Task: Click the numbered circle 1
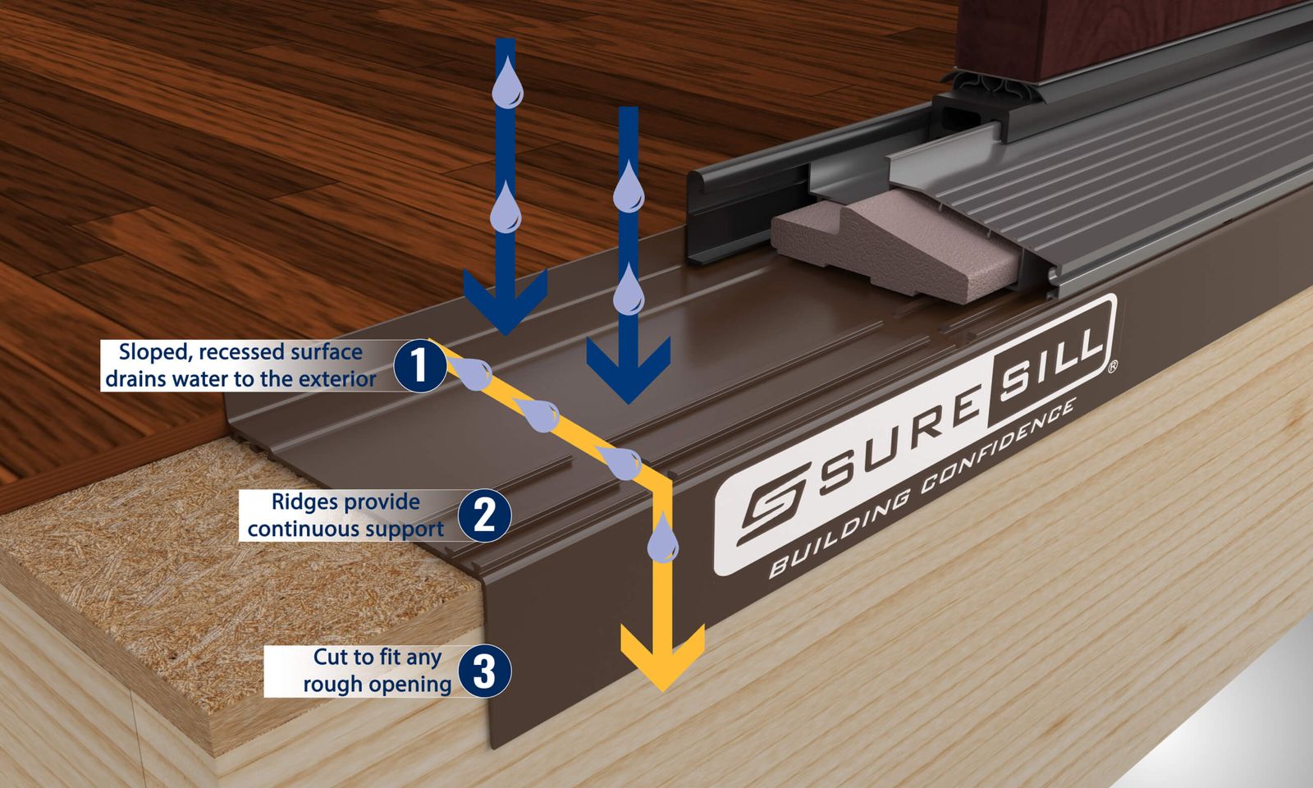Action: tap(419, 366)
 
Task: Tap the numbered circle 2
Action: tap(484, 515)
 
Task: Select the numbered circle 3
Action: tap(484, 671)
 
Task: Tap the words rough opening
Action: tap(377, 685)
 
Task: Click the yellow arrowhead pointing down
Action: tap(663, 657)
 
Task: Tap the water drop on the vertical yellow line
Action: tap(662, 538)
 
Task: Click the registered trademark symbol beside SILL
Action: tap(1112, 366)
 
